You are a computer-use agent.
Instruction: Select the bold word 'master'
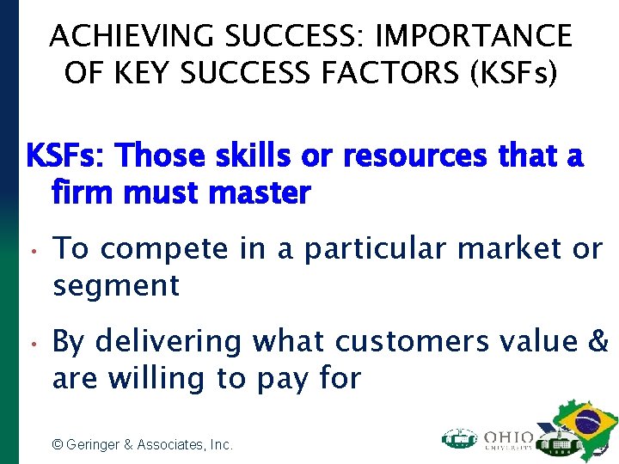pyautogui.click(x=261, y=192)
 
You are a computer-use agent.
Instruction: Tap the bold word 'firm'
pyautogui.click(x=85, y=192)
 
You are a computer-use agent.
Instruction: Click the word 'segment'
pyautogui.click(x=116, y=286)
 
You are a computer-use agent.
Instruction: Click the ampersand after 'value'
pyautogui.click(x=598, y=342)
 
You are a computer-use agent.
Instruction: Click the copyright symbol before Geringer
pyautogui.click(x=58, y=444)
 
